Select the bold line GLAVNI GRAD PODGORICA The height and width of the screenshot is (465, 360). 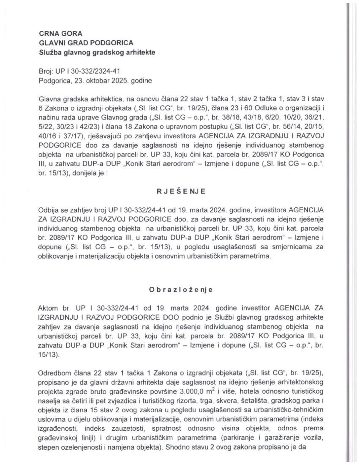click(x=86, y=43)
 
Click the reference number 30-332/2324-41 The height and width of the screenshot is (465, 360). click(x=98, y=71)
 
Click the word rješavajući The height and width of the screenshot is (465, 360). click(x=102, y=135)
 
